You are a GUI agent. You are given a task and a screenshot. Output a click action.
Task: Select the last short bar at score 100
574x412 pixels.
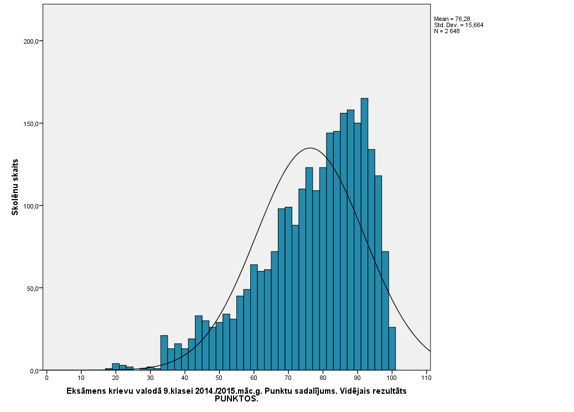[x=392, y=349]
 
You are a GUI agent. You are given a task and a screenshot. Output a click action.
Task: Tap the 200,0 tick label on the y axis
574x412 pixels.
[x=30, y=41]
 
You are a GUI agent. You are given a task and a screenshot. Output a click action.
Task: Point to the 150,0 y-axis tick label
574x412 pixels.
[x=30, y=124]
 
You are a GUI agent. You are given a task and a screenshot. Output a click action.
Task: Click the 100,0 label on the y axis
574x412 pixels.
[x=30, y=206]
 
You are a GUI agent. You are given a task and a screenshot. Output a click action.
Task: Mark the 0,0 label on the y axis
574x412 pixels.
[x=33, y=371]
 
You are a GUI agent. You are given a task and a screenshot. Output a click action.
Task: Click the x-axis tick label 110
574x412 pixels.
[x=426, y=378]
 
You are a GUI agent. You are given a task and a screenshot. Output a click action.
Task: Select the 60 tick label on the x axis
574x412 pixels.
[x=254, y=378]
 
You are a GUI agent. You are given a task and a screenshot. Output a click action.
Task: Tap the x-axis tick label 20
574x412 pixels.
[x=116, y=378]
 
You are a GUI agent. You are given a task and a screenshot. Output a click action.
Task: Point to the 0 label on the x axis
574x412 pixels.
[x=46, y=378]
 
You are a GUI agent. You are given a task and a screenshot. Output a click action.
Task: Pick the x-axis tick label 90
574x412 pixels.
[x=357, y=378]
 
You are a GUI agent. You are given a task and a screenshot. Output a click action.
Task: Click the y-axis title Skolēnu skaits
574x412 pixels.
[x=15, y=187]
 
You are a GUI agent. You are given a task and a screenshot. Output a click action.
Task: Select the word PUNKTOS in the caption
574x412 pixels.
[x=236, y=399]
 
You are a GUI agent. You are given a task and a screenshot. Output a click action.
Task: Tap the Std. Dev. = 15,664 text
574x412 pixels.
[x=459, y=25]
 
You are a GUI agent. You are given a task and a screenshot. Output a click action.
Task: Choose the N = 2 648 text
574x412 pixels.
[x=447, y=31]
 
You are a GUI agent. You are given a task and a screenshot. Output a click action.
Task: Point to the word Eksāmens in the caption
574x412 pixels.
[x=86, y=391]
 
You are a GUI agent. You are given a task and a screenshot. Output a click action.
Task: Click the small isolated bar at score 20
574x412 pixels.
[x=116, y=367]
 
